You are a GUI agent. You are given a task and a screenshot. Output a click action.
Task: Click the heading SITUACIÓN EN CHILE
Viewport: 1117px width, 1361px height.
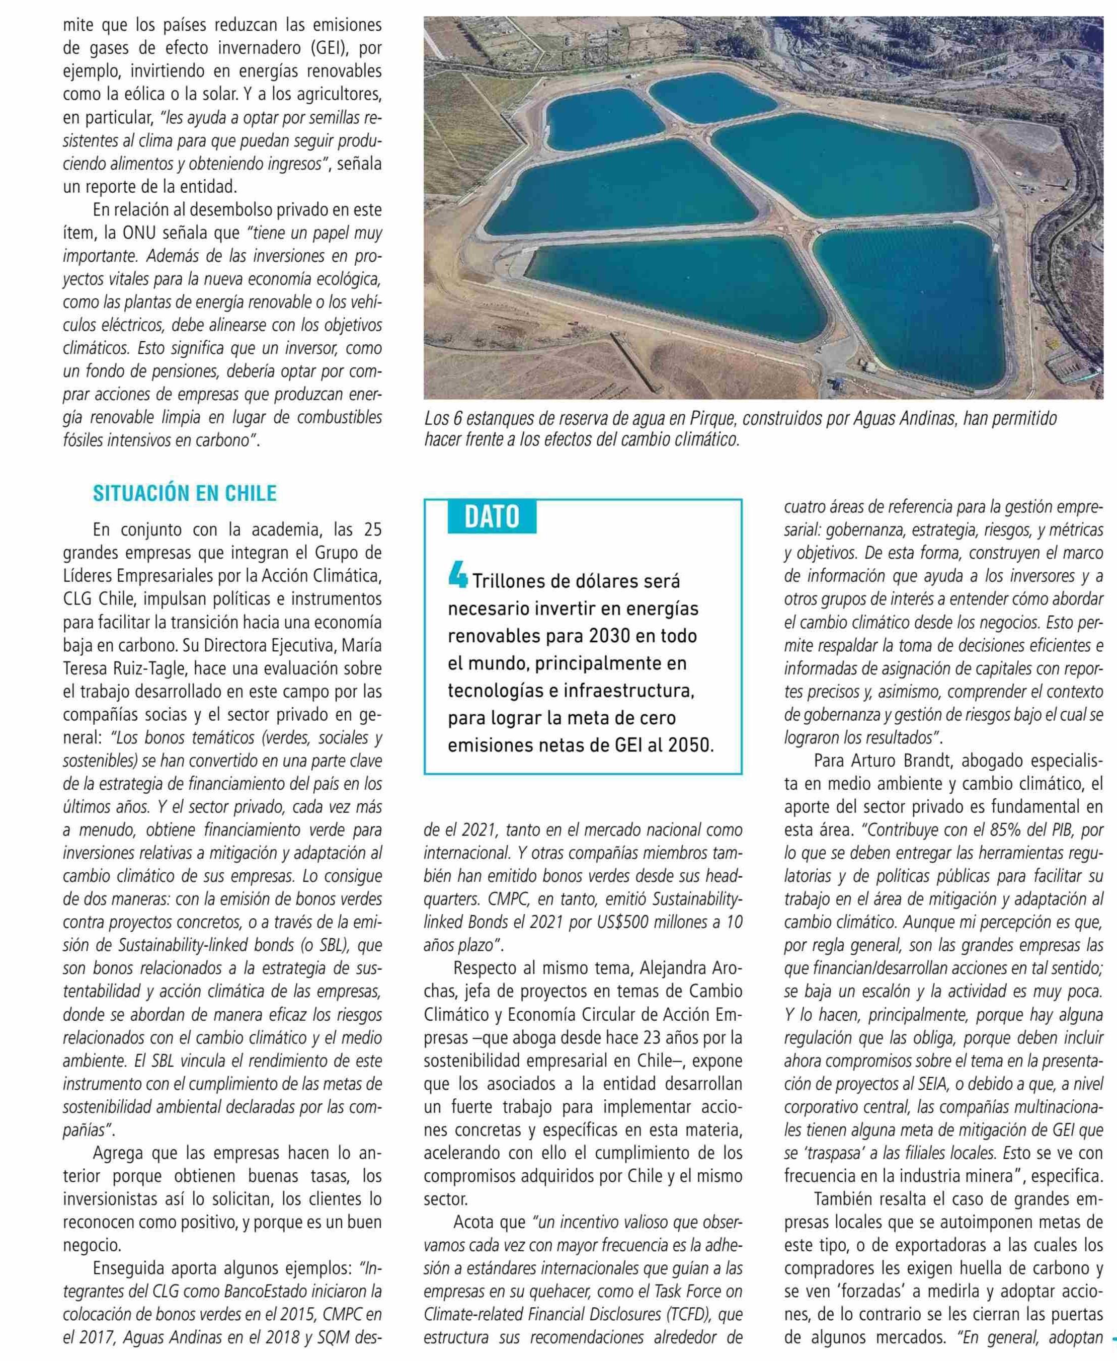click(x=185, y=494)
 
